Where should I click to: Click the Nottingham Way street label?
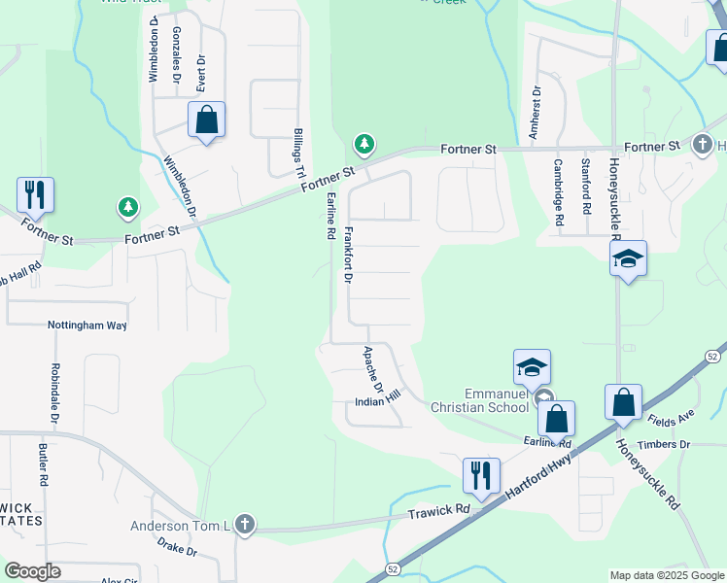coord(87,326)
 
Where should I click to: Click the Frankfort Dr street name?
coord(347,255)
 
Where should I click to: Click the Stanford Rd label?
coord(586,187)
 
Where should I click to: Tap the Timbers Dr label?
coord(666,444)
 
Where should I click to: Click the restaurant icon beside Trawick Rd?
coord(481,476)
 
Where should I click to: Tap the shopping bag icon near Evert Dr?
coord(206,120)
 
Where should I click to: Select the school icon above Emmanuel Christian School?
coord(532,367)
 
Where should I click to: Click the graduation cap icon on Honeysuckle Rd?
coord(628,258)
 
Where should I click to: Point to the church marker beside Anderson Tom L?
coord(245,526)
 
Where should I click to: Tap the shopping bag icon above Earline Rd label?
coord(556,419)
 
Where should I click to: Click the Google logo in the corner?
coord(32,571)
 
